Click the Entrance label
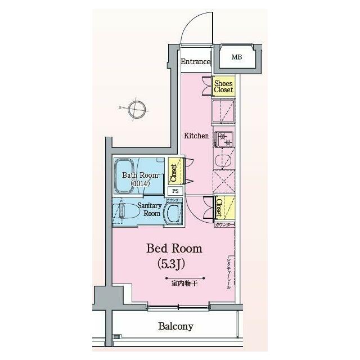(x=196, y=62)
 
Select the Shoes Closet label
(x=223, y=86)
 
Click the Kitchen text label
(x=197, y=136)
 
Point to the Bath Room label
(x=140, y=175)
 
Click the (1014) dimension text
(x=140, y=183)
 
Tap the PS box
(x=175, y=190)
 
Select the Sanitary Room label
(x=150, y=209)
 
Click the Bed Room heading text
(x=174, y=248)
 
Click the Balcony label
(x=175, y=326)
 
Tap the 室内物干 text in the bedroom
(x=184, y=283)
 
